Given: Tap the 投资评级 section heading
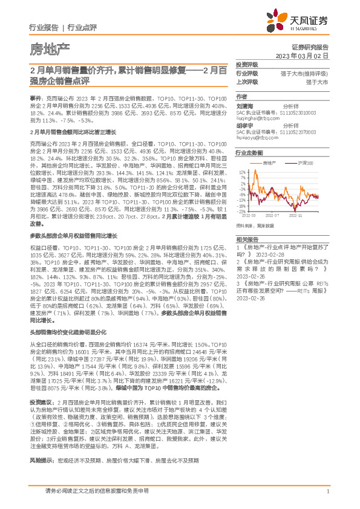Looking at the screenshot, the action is click(247, 65).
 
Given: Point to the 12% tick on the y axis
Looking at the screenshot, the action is click(241, 172).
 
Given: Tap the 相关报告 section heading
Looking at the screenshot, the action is click(246, 239).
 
